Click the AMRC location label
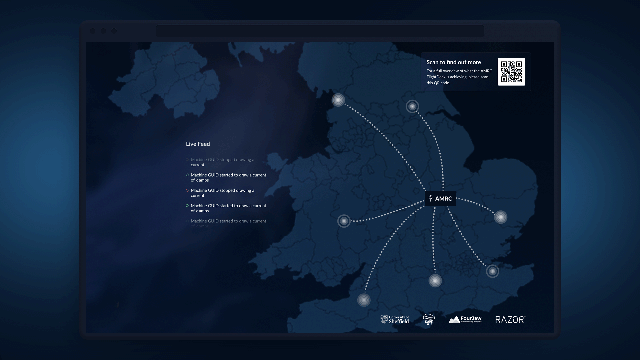[443, 199]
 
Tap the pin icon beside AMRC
[430, 199]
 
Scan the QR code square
[511, 72]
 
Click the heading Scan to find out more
[453, 62]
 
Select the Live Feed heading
[198, 144]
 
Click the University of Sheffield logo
[395, 320]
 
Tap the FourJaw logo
[465, 320]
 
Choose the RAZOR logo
[510, 320]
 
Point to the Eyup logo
[429, 319]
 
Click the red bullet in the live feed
[187, 190]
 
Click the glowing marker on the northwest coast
[338, 100]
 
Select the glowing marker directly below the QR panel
[412, 106]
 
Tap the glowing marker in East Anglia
[500, 217]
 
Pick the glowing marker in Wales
[344, 221]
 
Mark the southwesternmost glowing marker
[364, 300]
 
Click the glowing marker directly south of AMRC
[435, 281]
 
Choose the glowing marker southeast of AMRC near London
[492, 271]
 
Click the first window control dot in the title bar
[93, 31]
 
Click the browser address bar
[320, 31]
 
